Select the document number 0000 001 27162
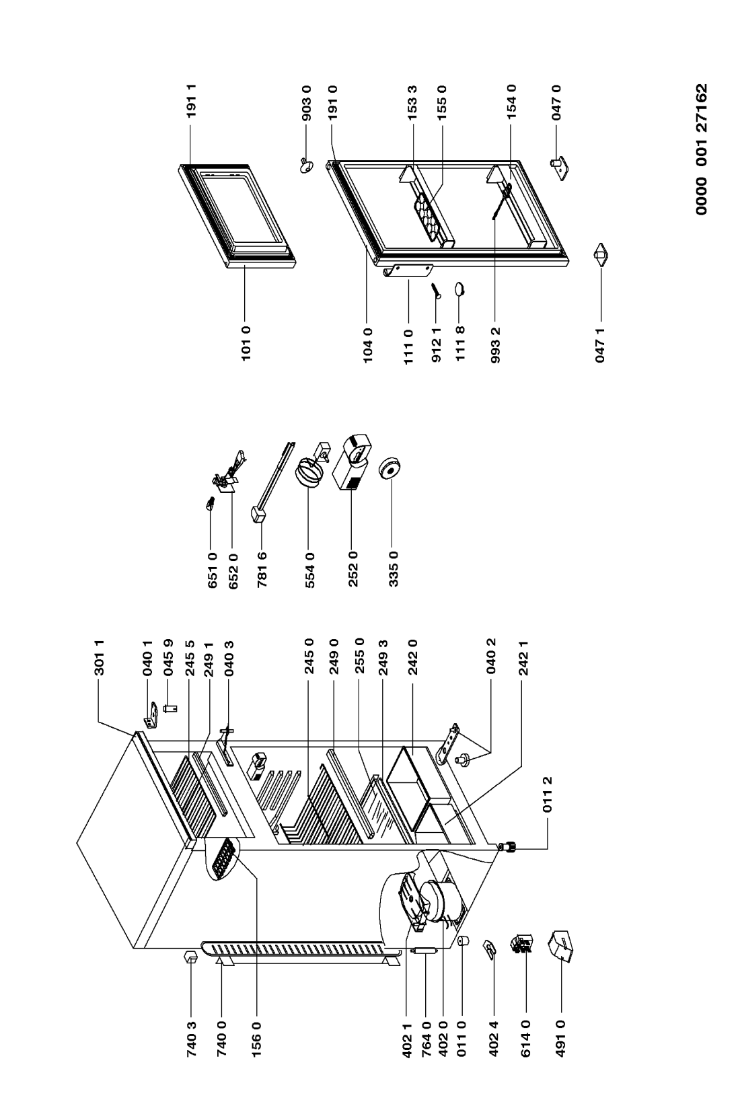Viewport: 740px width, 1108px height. tap(701, 149)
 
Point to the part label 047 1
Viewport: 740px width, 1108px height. tap(600, 344)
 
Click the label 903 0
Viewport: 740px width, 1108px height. tap(307, 103)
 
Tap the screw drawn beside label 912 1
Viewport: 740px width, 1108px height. tap(435, 291)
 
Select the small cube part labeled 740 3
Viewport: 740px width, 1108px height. tap(191, 956)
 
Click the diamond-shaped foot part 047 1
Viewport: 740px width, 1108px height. tap(601, 255)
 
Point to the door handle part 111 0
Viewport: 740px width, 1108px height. tap(408, 271)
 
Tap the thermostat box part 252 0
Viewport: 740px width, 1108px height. tap(353, 461)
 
